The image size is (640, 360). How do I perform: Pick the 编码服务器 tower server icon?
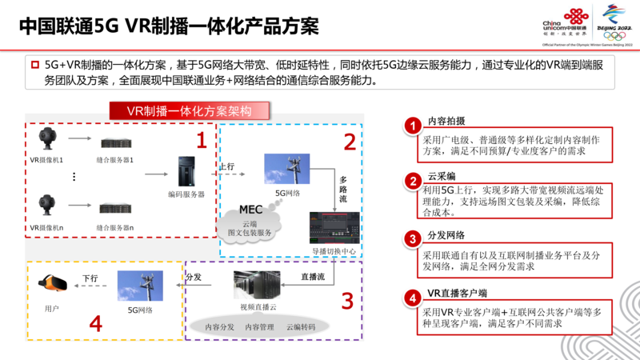[188, 171]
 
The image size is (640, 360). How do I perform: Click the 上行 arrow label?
[226, 167]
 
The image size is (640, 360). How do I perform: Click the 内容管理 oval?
[260, 326]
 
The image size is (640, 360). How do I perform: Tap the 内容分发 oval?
[219, 326]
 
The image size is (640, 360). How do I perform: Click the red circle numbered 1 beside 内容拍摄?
[411, 125]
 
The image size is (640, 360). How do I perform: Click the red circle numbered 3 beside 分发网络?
[411, 238]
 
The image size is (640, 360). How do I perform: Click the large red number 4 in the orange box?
[95, 323]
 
